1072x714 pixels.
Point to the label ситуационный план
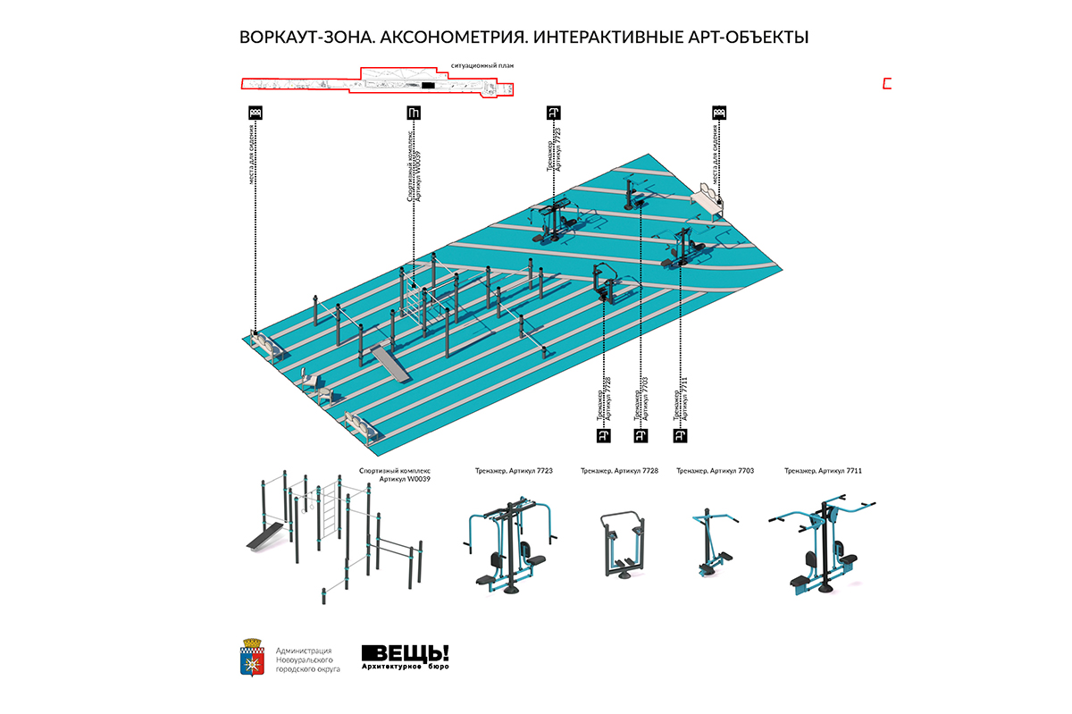point(483,65)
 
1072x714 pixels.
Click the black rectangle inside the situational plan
point(428,85)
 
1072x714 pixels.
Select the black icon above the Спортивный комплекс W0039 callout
point(413,113)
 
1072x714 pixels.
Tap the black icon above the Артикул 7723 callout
point(553,113)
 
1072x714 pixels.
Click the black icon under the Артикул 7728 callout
point(603,435)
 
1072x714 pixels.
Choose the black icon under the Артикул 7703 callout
point(641,435)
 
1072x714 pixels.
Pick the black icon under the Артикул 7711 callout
point(680,435)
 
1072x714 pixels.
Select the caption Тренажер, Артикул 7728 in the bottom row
point(619,470)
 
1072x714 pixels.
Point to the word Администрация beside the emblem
point(305,651)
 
